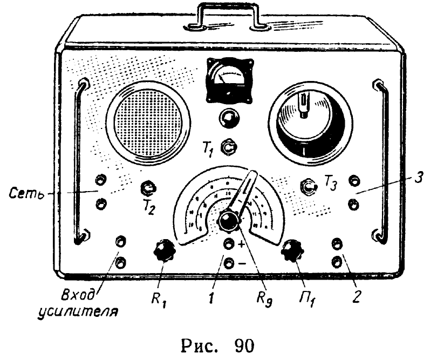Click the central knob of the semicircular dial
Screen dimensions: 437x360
[229, 220]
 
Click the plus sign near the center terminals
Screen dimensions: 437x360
[241, 244]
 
